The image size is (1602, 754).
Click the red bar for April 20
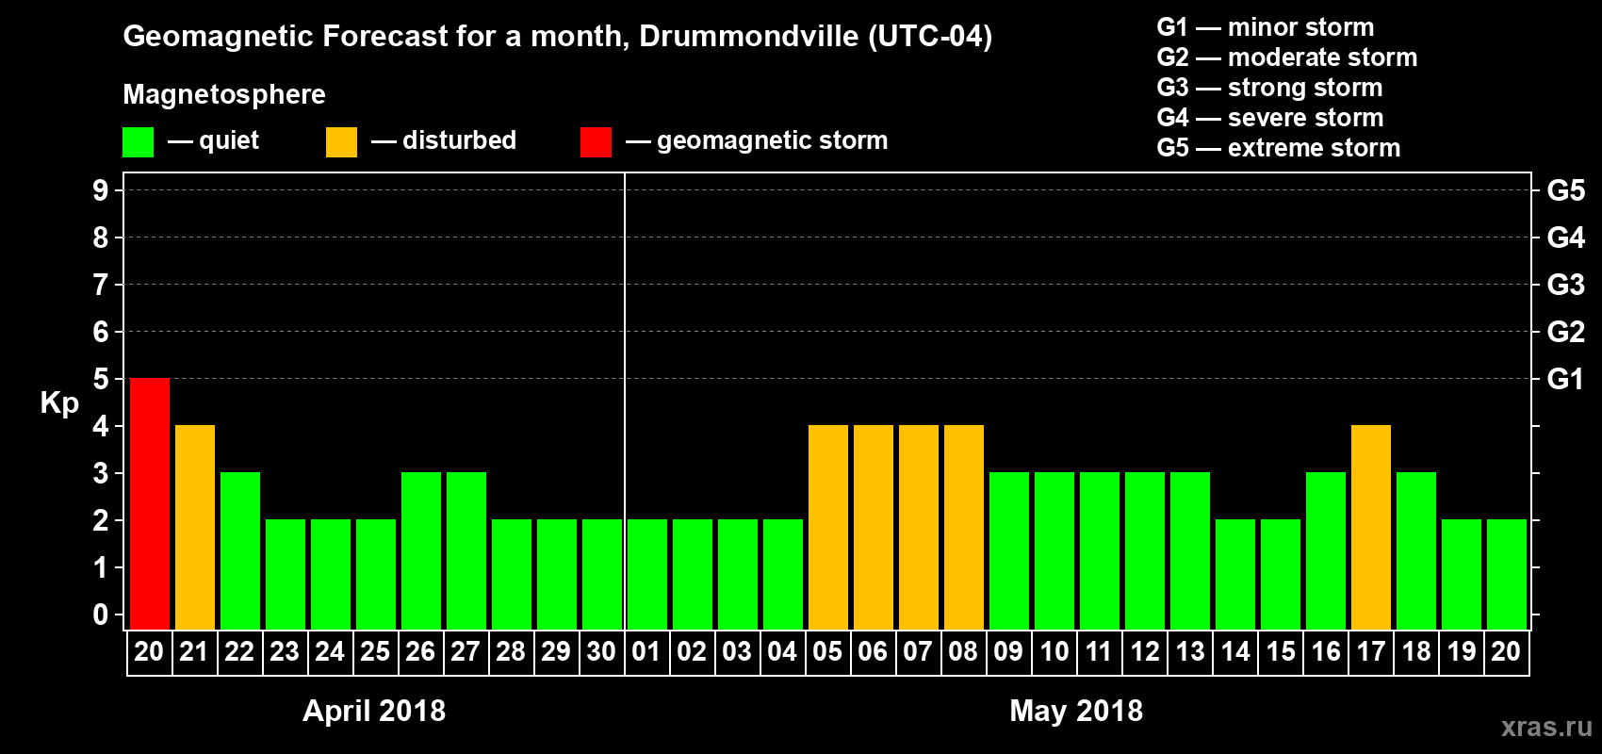(150, 504)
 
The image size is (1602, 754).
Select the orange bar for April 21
(195, 528)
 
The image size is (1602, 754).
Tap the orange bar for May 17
(1371, 528)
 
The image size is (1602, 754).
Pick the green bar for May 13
(1190, 551)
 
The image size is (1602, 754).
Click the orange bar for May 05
(828, 528)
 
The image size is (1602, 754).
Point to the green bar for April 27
(466, 551)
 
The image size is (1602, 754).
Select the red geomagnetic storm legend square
(596, 142)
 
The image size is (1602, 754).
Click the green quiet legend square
(138, 142)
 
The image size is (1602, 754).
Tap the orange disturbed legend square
(341, 142)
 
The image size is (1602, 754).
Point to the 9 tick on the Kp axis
(101, 190)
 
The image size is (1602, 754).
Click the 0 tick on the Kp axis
(101, 615)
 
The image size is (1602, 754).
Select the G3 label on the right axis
(1565, 285)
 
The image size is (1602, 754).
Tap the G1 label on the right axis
(1565, 379)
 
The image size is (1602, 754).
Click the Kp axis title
(59, 403)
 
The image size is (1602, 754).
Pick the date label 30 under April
(601, 652)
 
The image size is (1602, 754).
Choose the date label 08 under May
(963, 652)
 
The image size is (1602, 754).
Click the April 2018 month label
(374, 711)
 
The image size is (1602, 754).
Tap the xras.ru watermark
(1545, 727)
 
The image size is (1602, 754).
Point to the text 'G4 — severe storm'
(1270, 118)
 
